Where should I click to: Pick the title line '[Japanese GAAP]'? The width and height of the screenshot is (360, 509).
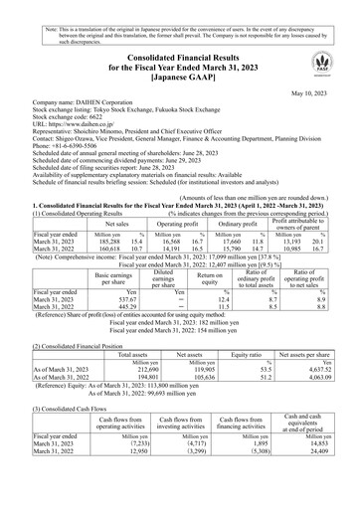coord(180,74)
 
